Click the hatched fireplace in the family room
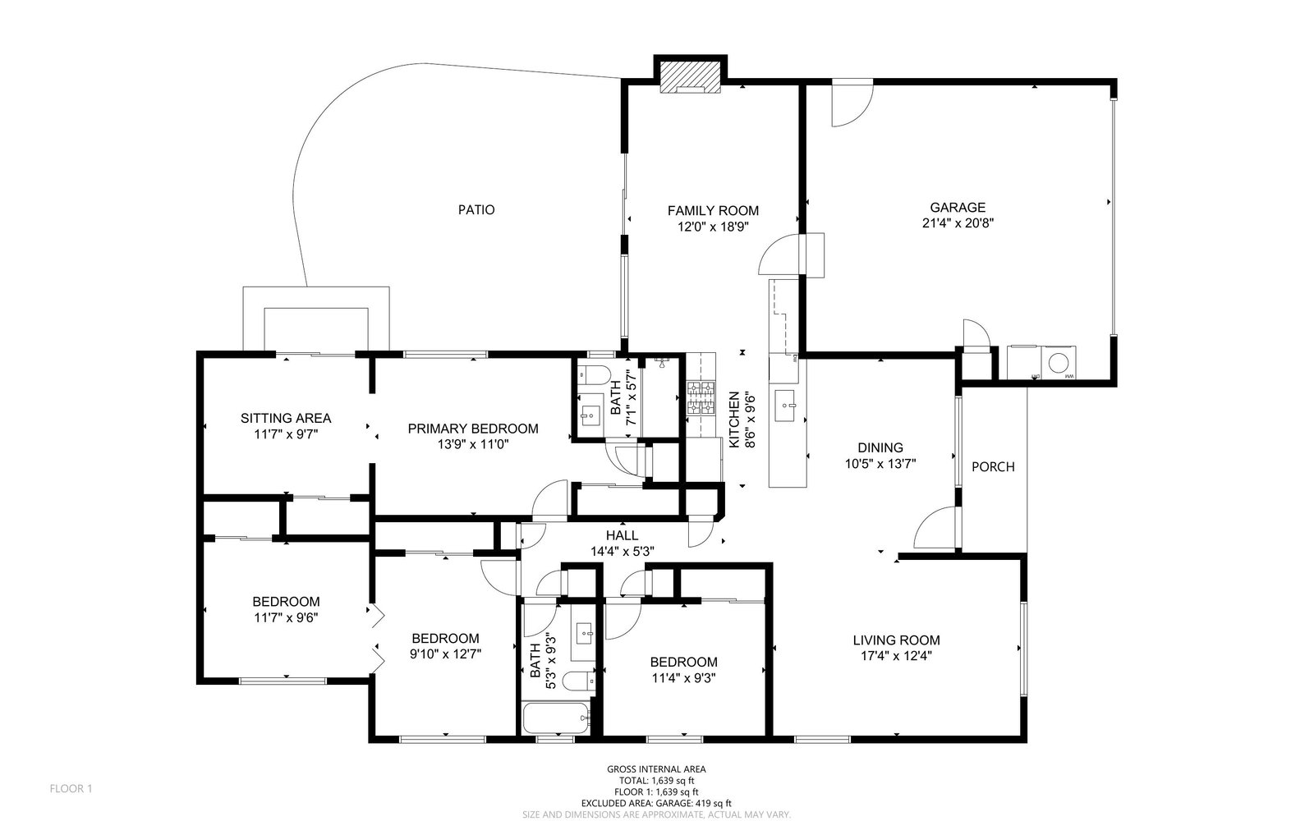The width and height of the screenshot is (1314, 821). pos(691,77)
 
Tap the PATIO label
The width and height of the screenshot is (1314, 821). pos(476,210)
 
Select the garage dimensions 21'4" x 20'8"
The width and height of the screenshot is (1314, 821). pos(958,223)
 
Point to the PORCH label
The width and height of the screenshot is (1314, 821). pos(993,467)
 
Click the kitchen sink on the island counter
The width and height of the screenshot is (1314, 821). pos(785,406)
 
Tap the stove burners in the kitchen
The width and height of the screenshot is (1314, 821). pos(701,398)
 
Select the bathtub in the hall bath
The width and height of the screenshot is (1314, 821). pos(555,718)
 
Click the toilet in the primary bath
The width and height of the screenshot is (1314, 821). pos(595,374)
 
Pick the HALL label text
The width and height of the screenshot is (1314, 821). pos(623,535)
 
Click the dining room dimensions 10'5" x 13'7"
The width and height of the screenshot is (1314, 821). pos(880,464)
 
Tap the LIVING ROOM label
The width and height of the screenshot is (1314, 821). pos(896,640)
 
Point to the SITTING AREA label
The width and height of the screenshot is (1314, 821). pos(286,418)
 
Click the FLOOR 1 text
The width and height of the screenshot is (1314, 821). pos(71,789)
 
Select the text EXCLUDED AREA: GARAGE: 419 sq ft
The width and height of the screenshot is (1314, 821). pos(656,804)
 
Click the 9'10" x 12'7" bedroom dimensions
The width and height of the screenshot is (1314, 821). pos(446,654)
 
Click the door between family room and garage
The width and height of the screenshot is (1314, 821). pos(780,255)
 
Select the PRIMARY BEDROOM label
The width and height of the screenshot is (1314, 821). pos(473,429)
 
